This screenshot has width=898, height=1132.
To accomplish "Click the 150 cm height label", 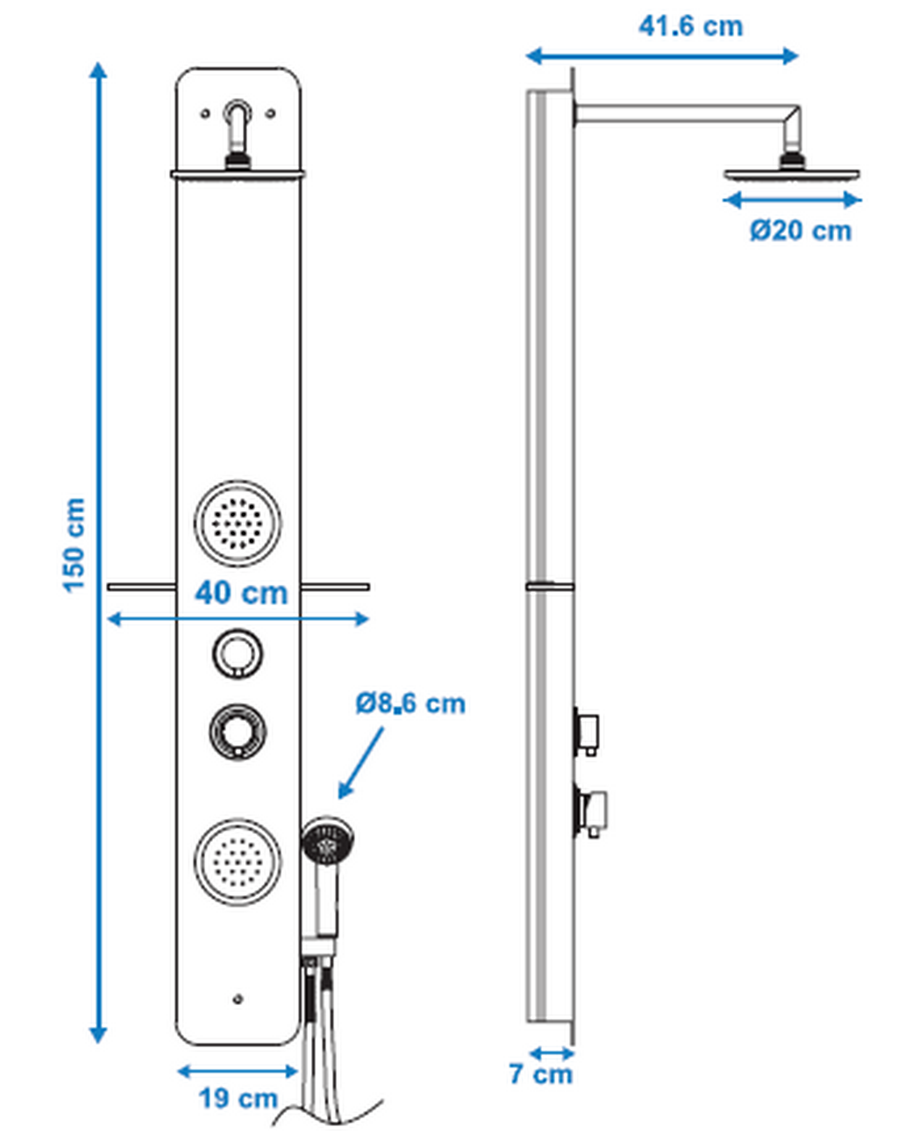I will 74,545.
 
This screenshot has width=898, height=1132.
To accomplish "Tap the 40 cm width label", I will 242,593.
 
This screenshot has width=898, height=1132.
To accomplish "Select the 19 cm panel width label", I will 238,1099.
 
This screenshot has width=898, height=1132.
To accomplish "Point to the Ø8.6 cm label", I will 410,704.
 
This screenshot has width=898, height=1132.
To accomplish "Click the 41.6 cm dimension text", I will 690,27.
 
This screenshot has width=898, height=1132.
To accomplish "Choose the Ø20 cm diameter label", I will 800,230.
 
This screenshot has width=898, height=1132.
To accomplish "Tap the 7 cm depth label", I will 540,1074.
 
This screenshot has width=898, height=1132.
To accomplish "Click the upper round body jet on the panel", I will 238,523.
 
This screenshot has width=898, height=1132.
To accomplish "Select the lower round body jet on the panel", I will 238,861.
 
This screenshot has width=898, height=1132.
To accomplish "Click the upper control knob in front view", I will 238,653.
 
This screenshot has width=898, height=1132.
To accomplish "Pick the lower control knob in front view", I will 238,731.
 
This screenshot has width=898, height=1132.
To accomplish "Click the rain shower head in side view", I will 792,175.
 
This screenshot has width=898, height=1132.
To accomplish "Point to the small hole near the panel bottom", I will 238,1000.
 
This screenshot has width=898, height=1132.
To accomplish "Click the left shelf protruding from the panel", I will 141,587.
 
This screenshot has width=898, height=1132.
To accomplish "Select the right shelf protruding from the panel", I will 335,587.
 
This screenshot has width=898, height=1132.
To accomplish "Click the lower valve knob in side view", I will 592,811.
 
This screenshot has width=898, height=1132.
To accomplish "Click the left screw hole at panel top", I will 205,114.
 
